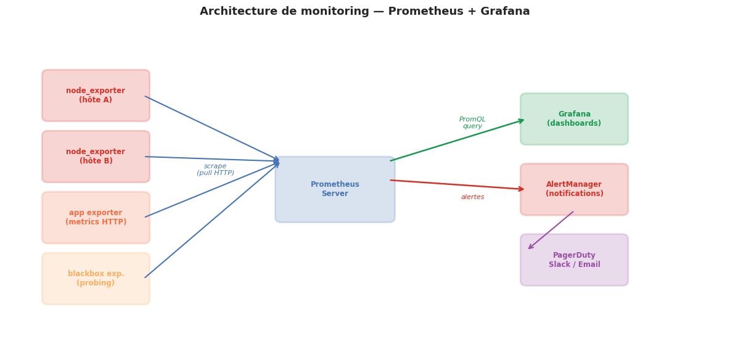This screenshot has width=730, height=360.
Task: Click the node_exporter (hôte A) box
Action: [96, 96]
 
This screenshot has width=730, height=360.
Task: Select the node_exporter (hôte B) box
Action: [96, 157]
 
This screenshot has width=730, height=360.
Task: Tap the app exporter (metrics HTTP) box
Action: [96, 218]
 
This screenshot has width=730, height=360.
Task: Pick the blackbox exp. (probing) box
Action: [96, 279]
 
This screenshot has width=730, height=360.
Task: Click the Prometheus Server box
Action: [335, 189]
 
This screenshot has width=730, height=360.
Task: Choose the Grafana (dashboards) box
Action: [574, 119]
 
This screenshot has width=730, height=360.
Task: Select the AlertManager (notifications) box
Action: [574, 189]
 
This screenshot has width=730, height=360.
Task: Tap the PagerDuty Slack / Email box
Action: [574, 260]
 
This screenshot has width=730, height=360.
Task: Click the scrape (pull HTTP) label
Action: [215, 170]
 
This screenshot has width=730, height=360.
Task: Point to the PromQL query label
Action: [472, 123]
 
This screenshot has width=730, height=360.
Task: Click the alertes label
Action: [472, 197]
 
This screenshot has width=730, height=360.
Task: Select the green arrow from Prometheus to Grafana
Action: [457, 140]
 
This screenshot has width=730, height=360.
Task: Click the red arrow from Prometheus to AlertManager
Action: [457, 185]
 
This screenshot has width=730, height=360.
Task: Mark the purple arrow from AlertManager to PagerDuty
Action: [551, 231]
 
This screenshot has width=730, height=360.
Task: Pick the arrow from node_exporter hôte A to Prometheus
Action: [212, 128]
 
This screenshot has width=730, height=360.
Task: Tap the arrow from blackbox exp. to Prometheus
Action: [212, 219]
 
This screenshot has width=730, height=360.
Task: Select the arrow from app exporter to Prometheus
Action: [212, 189]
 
